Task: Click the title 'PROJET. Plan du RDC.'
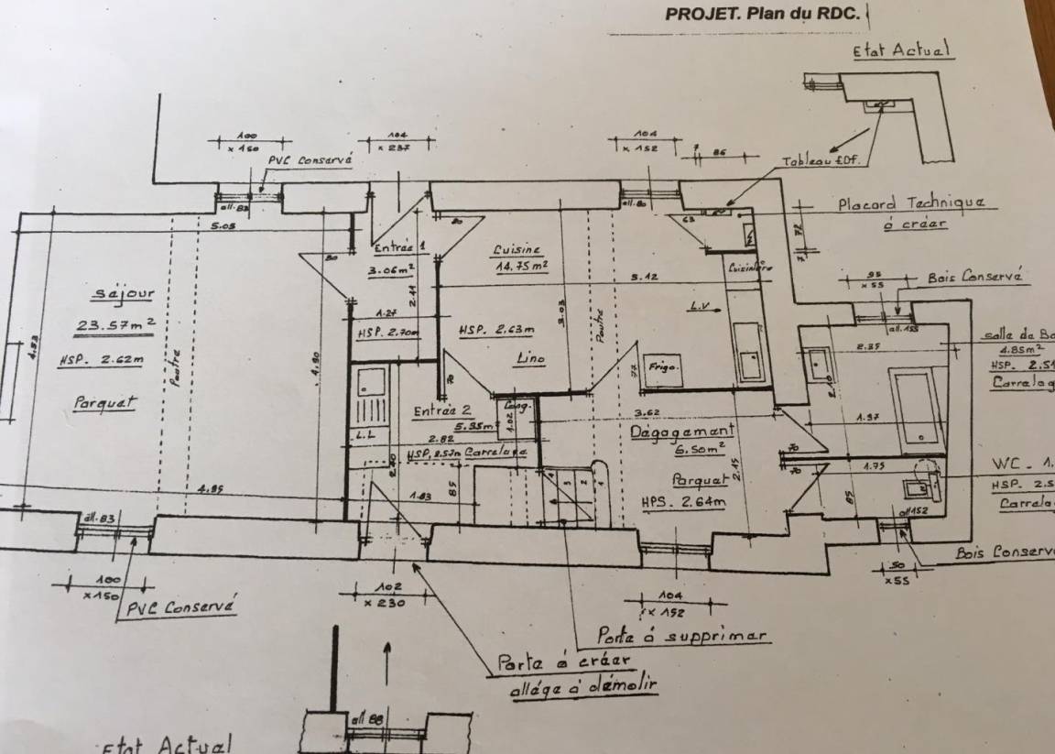[762, 15]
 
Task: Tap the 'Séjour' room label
[124, 294]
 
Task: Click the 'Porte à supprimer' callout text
[681, 634]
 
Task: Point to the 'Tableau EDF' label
[821, 162]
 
